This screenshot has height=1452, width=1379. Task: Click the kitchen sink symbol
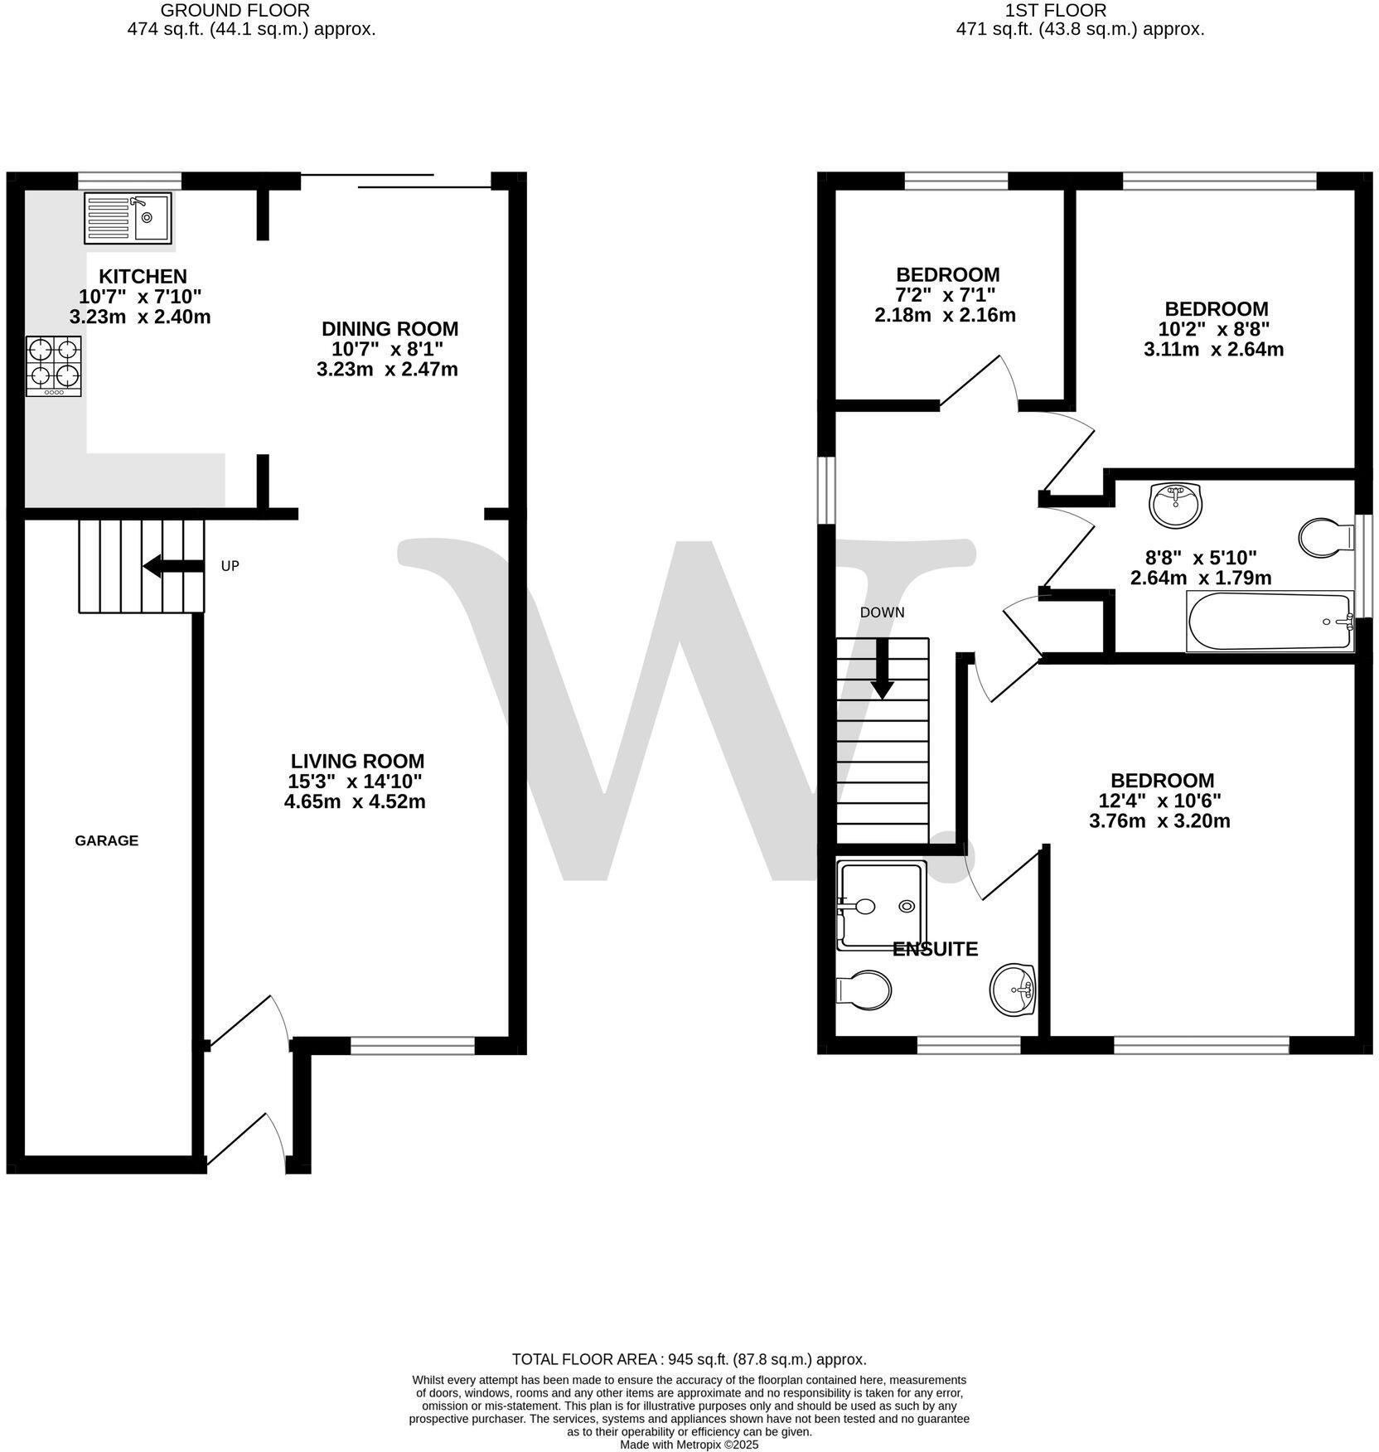pyautogui.click(x=128, y=218)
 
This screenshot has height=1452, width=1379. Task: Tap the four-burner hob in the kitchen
pyautogui.click(x=54, y=365)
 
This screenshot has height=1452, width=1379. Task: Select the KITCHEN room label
pyautogui.click(x=143, y=276)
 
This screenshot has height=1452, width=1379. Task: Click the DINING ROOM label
pyautogui.click(x=390, y=329)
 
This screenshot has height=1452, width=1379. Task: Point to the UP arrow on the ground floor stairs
pyautogui.click(x=173, y=566)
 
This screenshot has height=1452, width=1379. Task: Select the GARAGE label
pyautogui.click(x=106, y=840)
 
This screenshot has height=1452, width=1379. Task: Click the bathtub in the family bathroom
pyautogui.click(x=1269, y=622)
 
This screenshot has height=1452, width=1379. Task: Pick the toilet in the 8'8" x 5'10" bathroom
pyautogui.click(x=1325, y=538)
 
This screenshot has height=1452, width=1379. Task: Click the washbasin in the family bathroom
pyautogui.click(x=1174, y=504)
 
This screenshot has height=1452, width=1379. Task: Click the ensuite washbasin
pyautogui.click(x=1014, y=988)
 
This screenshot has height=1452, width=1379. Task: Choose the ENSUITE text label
pyautogui.click(x=935, y=949)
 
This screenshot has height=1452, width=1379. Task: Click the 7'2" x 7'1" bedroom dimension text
pyautogui.click(x=945, y=295)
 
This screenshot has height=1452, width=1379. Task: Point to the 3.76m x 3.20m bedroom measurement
pyautogui.click(x=1159, y=821)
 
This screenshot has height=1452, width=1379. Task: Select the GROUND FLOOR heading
pyautogui.click(x=235, y=11)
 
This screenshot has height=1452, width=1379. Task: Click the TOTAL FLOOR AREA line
pyautogui.click(x=689, y=1359)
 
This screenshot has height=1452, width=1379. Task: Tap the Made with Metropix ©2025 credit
pyautogui.click(x=689, y=1445)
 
